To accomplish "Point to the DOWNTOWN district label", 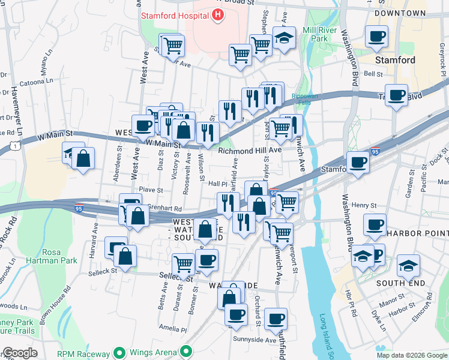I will pyautogui.click(x=400, y=13).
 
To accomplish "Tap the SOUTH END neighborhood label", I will pyautogui.click(x=400, y=283).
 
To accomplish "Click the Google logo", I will pyautogui.click(x=19, y=353).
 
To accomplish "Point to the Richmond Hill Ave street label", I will pyautogui.click(x=250, y=151).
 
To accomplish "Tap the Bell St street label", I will pyautogui.click(x=373, y=74).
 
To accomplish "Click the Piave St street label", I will pyautogui.click(x=151, y=190).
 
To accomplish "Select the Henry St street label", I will pyautogui.click(x=363, y=205).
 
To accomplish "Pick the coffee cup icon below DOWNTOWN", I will pyautogui.click(x=376, y=37).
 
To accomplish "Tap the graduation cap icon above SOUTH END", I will pyautogui.click(x=408, y=264).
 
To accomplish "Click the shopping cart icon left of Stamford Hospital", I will pyautogui.click(x=173, y=44).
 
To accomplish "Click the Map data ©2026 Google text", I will pyautogui.click(x=411, y=355).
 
